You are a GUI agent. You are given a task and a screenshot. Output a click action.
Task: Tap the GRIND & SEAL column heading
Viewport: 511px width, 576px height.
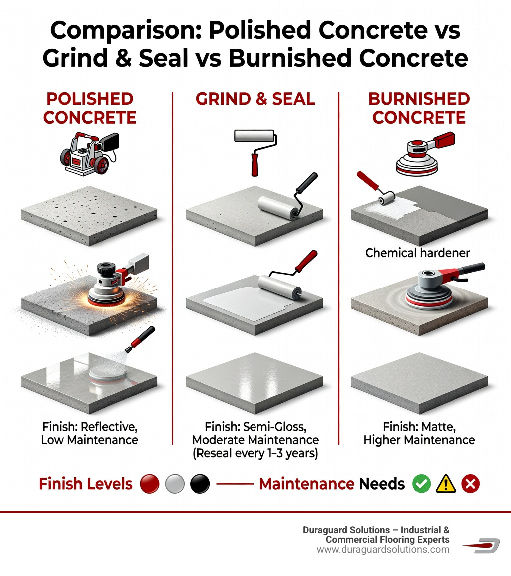pyautogui.click(x=255, y=98)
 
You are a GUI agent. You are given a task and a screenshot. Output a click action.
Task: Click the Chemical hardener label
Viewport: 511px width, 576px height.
pyautogui.click(x=417, y=253)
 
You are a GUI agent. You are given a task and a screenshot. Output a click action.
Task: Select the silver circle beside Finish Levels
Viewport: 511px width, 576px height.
pyautogui.click(x=175, y=484)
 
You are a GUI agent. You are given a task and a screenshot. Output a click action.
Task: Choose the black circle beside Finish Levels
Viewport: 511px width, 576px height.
pyautogui.click(x=200, y=484)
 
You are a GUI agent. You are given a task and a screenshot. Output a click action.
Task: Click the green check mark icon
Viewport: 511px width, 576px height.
pyautogui.click(x=421, y=484)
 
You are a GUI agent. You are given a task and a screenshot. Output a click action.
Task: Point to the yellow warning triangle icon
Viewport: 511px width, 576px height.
pyautogui.click(x=445, y=484)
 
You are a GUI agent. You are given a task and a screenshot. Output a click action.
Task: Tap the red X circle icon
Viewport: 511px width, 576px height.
pyautogui.click(x=470, y=484)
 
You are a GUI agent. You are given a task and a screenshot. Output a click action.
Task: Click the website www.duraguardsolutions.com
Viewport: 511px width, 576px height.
pyautogui.click(x=383, y=549)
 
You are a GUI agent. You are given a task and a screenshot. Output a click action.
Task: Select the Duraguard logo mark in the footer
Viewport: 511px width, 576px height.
pyautogui.click(x=482, y=546)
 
